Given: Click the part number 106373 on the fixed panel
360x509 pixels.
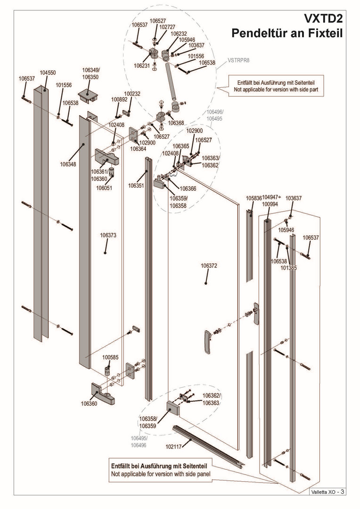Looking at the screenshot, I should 108,235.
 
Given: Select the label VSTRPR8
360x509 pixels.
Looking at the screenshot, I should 238,60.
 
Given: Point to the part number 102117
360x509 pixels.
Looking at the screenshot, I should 173,444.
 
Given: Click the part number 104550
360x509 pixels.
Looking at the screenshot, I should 48,73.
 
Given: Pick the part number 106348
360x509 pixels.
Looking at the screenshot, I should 68,164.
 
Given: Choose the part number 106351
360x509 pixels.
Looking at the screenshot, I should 136,186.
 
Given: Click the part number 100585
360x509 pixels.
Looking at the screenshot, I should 110,357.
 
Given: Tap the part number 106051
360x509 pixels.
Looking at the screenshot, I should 104,188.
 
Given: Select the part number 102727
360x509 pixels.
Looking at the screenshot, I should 167,27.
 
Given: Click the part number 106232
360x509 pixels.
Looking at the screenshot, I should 179,34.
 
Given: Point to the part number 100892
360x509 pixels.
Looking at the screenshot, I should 119,100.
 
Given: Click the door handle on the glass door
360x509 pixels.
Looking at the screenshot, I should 206,342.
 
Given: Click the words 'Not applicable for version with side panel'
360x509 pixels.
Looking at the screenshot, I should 161,474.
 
